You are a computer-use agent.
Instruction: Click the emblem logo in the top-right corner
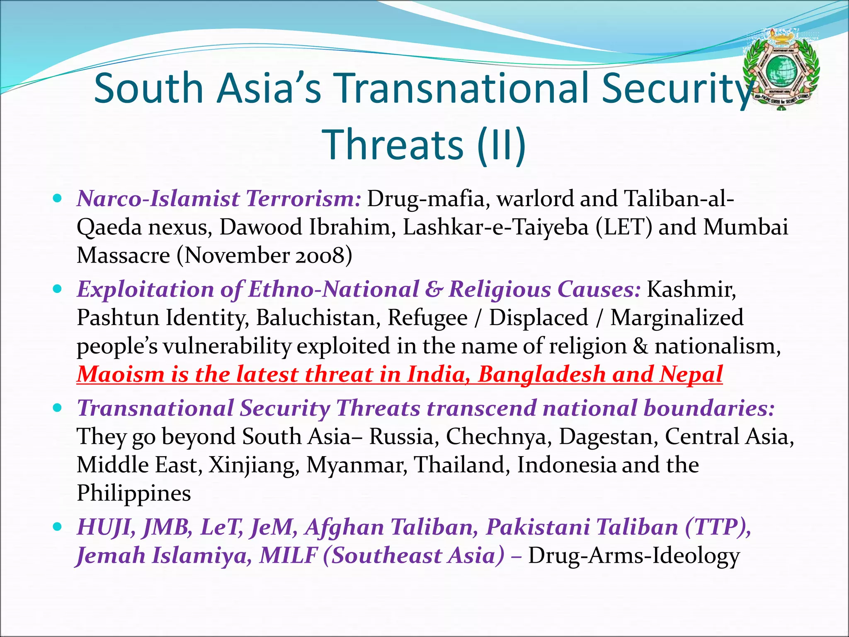pyautogui.click(x=781, y=71)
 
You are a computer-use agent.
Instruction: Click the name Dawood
pyautogui.click(x=260, y=227)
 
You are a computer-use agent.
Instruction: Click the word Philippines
pyautogui.click(x=134, y=493)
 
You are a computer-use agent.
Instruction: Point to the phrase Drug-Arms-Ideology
pyautogui.click(x=634, y=556)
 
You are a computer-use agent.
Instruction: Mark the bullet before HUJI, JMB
pyautogui.click(x=58, y=527)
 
